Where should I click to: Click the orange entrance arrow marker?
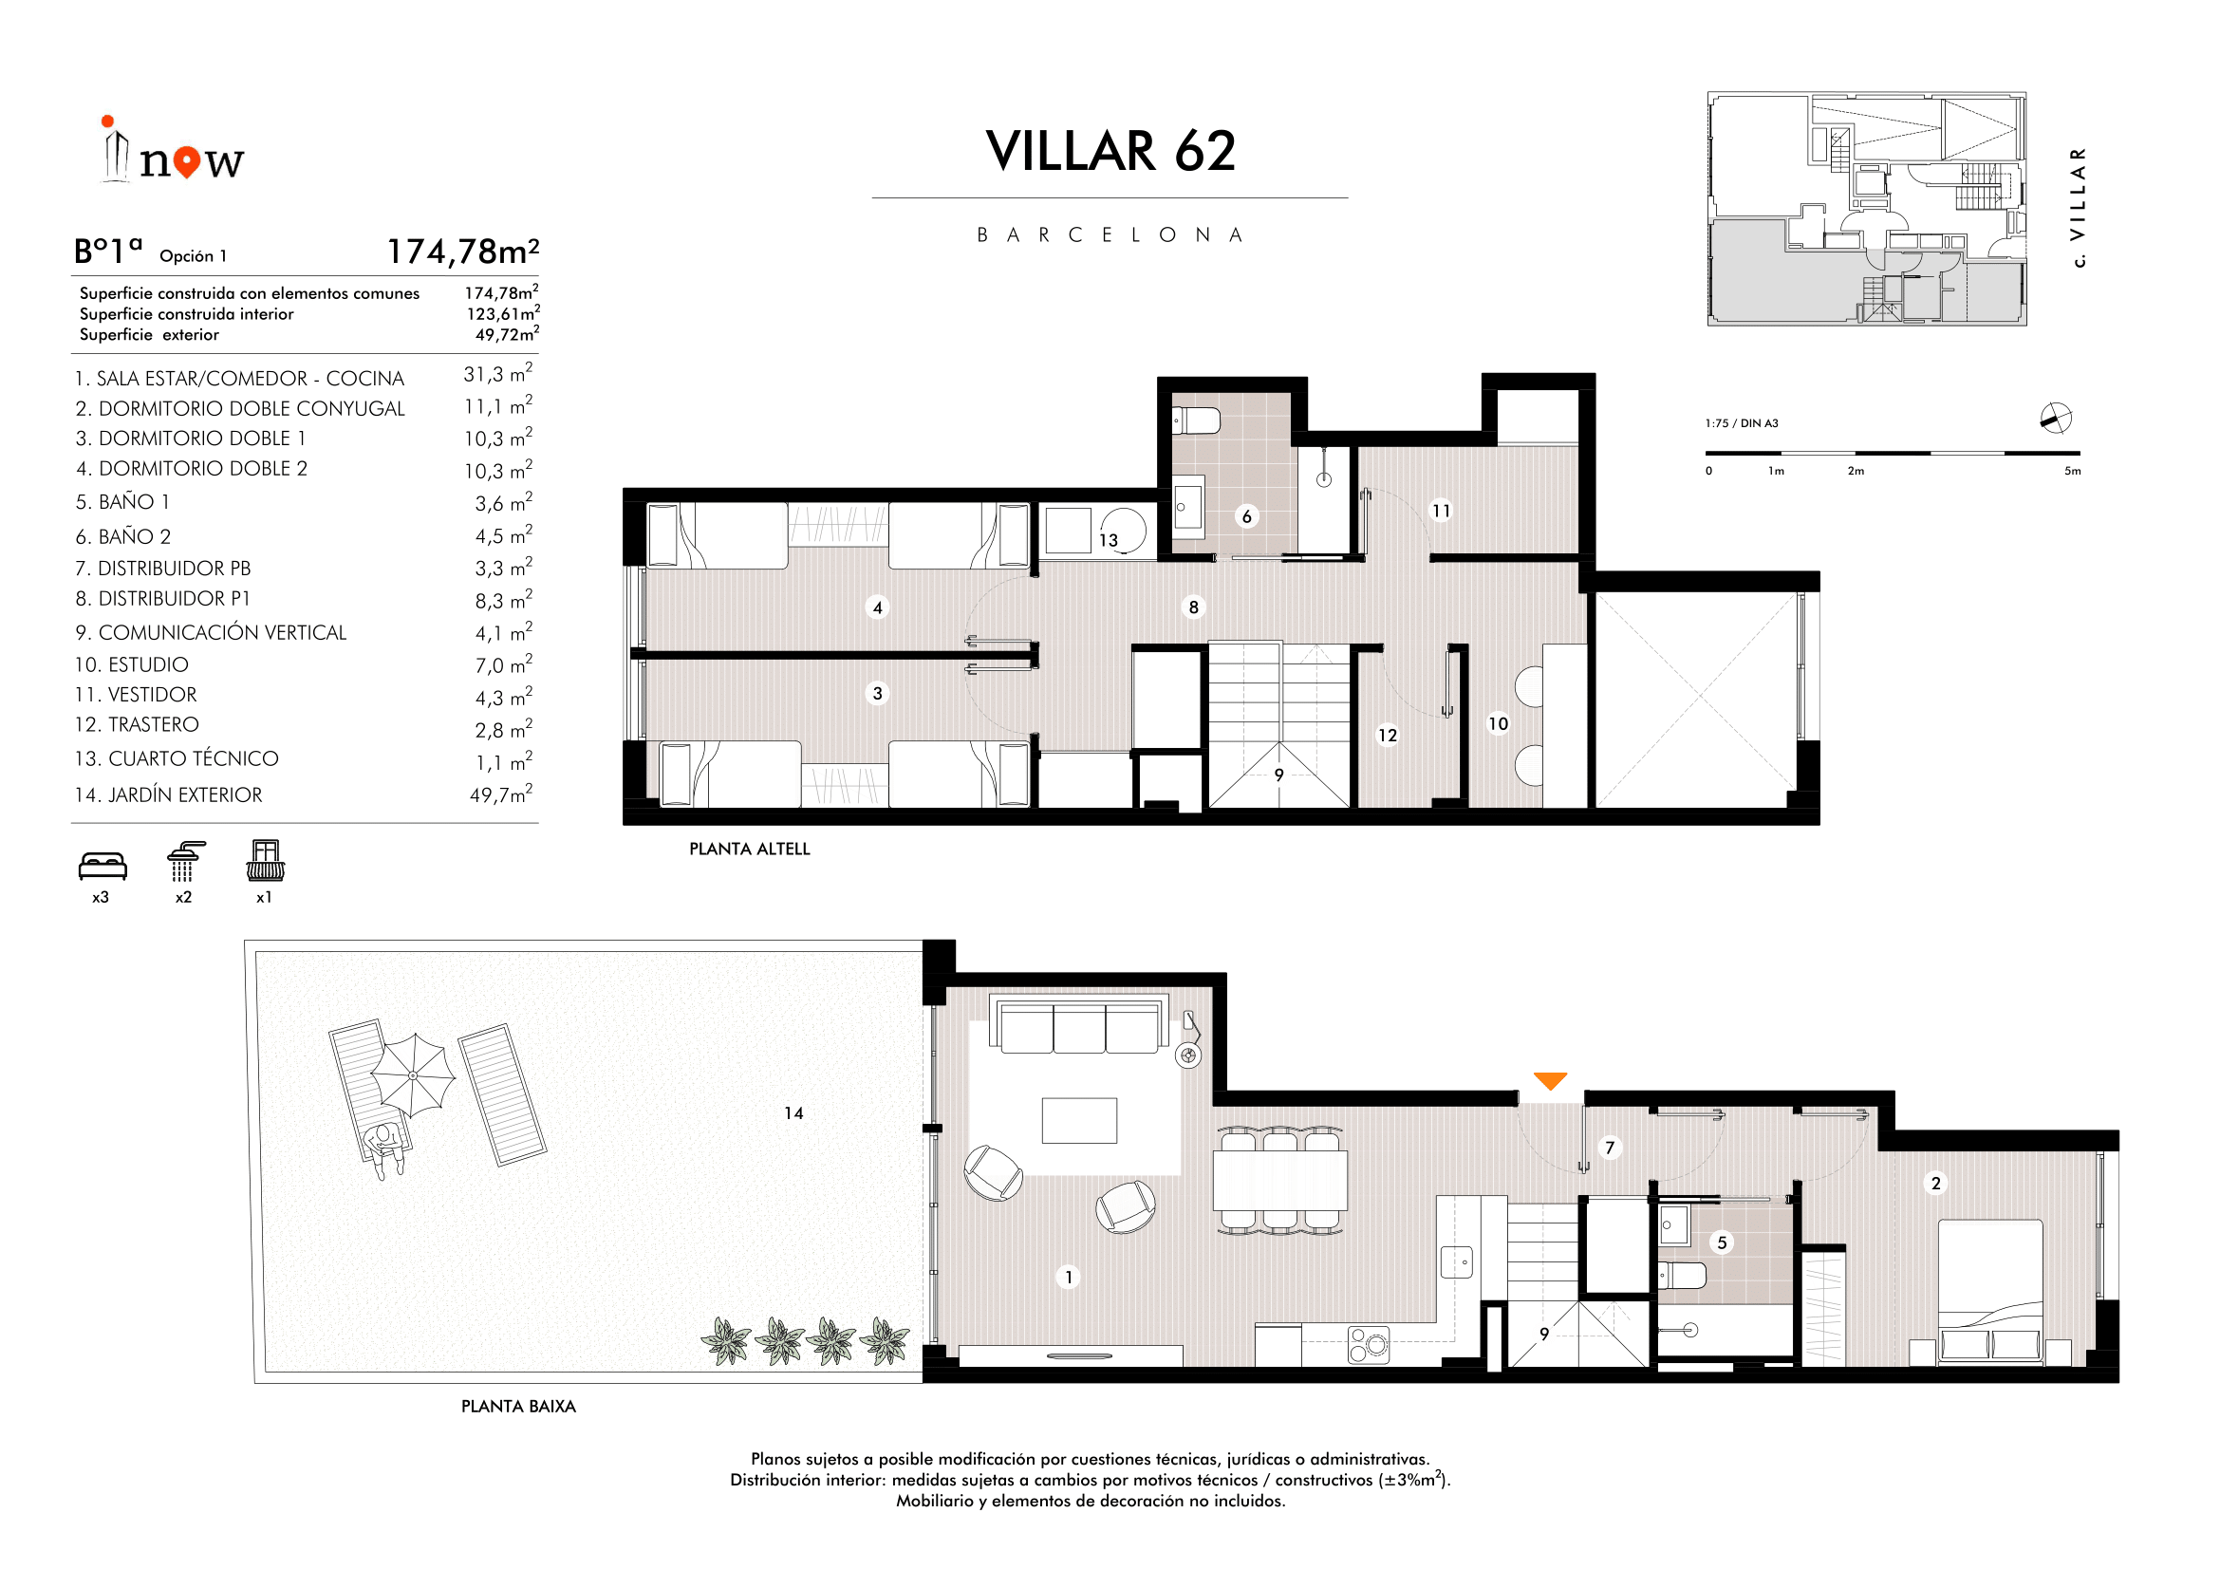(x=1550, y=1081)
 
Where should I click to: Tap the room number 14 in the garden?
(x=793, y=1113)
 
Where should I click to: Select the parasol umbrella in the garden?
(x=413, y=1075)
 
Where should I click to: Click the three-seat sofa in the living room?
(x=1079, y=1026)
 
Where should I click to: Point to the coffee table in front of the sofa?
(x=1079, y=1120)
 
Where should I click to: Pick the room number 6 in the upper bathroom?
(x=1247, y=517)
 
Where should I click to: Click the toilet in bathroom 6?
(x=1196, y=421)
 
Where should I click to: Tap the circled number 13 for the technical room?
(x=1108, y=540)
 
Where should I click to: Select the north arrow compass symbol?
(x=2056, y=419)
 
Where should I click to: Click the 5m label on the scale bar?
(x=2072, y=472)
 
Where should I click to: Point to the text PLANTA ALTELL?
(x=750, y=849)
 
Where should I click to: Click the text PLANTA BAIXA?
(x=518, y=1407)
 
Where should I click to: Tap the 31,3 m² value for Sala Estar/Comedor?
(x=498, y=374)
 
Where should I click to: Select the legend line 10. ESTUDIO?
(x=132, y=665)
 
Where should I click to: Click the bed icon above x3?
(x=103, y=867)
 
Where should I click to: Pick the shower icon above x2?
(x=185, y=861)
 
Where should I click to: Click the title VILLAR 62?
(x=1111, y=152)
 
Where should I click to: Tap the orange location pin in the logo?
(x=189, y=161)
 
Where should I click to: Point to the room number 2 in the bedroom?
(x=1935, y=1184)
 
